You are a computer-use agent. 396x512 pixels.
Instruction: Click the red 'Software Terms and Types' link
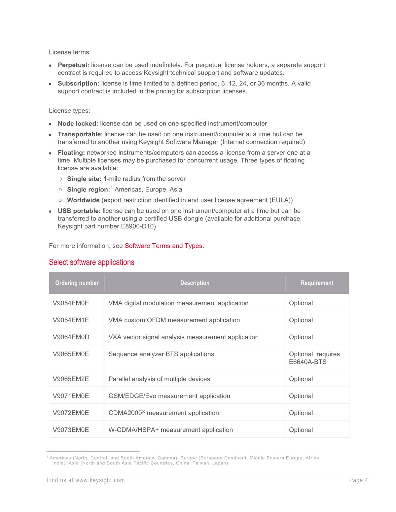click(x=163, y=246)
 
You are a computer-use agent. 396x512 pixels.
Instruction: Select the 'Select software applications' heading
click(x=91, y=262)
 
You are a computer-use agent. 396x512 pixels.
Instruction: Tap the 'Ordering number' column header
click(x=77, y=283)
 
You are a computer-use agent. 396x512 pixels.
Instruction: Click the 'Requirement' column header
click(x=317, y=283)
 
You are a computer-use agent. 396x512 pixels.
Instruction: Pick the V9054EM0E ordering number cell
click(x=71, y=303)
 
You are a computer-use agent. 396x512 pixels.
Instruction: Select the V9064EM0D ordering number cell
click(x=71, y=337)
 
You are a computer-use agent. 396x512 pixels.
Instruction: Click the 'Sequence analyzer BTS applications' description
click(x=161, y=354)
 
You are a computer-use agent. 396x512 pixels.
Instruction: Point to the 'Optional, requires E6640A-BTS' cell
click(x=314, y=358)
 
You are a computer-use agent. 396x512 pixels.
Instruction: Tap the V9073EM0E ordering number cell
click(x=71, y=430)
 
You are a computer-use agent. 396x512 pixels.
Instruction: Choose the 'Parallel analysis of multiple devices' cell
click(x=159, y=379)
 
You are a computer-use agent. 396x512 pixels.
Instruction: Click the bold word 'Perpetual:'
click(x=73, y=65)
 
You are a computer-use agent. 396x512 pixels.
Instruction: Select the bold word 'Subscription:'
click(x=78, y=84)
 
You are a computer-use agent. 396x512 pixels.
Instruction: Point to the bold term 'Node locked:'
click(x=78, y=124)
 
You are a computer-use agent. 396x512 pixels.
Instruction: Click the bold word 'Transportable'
click(x=79, y=134)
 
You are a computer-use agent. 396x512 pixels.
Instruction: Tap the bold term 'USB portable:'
click(x=79, y=211)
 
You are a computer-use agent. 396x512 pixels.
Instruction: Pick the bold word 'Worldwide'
click(x=83, y=200)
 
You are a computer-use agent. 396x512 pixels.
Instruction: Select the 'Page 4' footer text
click(x=358, y=480)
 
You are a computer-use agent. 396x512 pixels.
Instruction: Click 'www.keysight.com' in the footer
click(x=100, y=480)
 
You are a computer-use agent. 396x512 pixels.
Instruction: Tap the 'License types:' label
click(x=69, y=111)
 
